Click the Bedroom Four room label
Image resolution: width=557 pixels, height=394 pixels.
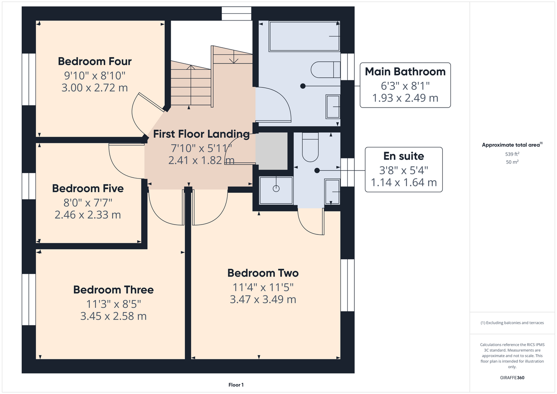95,61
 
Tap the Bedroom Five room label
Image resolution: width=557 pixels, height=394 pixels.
88,188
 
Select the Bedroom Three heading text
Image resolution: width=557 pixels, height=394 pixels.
114,290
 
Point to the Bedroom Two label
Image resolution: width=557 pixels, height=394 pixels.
263,273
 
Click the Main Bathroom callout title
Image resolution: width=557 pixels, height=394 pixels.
405,72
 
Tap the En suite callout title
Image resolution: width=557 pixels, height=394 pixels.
404,156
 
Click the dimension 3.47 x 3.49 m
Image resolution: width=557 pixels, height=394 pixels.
263,299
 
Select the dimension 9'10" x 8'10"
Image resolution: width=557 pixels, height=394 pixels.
95,76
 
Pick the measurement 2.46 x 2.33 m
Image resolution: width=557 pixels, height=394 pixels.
88,215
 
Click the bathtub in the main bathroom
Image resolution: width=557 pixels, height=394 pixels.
304,37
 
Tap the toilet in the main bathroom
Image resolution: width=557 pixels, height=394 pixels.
326,70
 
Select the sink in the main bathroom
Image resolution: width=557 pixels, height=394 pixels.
333,107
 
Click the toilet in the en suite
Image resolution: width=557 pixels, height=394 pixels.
310,147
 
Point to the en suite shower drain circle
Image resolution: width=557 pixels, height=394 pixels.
276,189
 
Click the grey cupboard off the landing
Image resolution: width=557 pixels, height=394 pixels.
272,151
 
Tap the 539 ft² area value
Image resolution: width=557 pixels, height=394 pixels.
512,154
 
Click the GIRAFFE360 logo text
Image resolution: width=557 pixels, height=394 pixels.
512,377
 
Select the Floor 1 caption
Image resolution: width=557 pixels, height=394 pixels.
236,385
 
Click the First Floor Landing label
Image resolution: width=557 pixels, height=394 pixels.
201,134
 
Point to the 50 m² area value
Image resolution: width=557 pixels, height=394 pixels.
512,162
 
